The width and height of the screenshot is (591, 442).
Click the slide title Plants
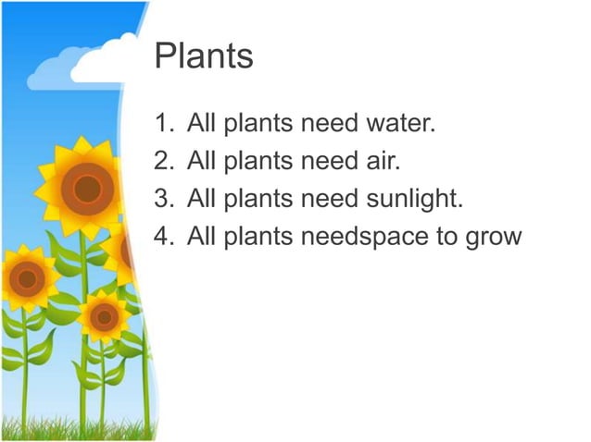[x=204, y=57]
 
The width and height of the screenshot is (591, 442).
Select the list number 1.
[x=163, y=124]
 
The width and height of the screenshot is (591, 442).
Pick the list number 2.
[x=163, y=162]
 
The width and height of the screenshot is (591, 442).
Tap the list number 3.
[x=163, y=200]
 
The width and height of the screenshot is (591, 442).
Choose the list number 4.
[x=163, y=238]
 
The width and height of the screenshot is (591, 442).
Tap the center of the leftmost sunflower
[x=26, y=277]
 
